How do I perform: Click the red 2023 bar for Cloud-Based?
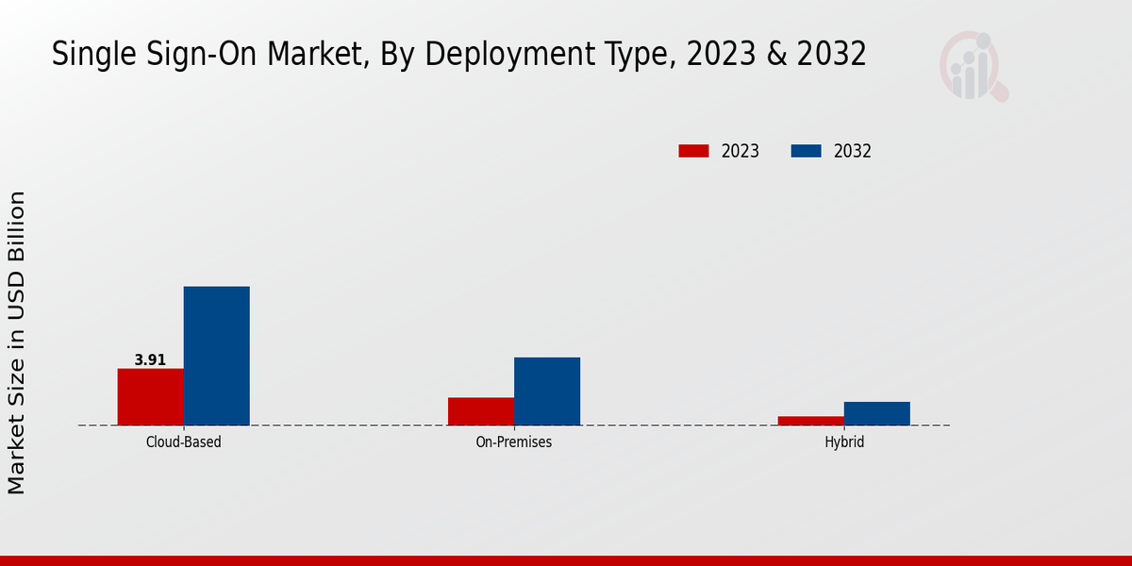150,396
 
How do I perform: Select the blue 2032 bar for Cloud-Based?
216,356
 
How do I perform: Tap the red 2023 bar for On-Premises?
480,411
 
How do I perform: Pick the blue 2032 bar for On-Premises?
546,391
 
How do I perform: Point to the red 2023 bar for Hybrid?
810,420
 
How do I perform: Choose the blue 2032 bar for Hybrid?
876,413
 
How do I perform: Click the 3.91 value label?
150,359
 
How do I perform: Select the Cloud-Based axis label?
183,441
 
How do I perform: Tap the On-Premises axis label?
513,441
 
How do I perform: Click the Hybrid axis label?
843,441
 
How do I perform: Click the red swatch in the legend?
693,151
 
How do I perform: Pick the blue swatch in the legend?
805,151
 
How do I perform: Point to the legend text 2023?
740,151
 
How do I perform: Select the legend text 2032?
852,151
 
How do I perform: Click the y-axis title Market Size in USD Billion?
18,342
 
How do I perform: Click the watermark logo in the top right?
973,66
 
